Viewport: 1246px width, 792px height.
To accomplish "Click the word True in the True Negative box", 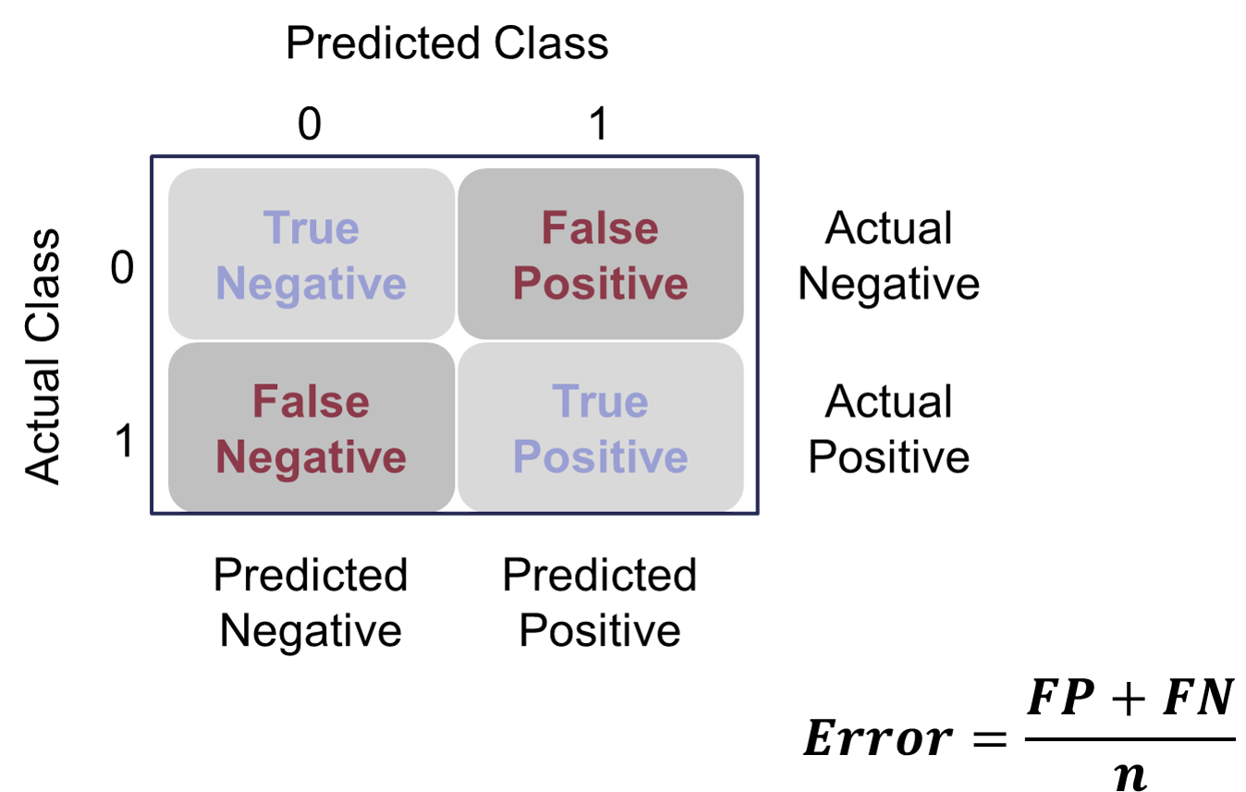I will pyautogui.click(x=311, y=228).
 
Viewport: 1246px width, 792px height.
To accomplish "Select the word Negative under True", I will pyautogui.click(x=311, y=284).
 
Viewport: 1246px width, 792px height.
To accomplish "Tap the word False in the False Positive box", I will pyautogui.click(x=600, y=228).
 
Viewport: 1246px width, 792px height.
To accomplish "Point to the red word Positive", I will pyautogui.click(x=600, y=284).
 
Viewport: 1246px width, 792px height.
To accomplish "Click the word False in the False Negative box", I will pyautogui.click(x=311, y=402).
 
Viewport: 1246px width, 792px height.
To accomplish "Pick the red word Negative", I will pyautogui.click(x=311, y=457).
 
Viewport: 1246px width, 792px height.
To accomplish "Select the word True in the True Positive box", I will pyautogui.click(x=600, y=402).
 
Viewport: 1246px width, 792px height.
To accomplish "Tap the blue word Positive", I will pyautogui.click(x=600, y=457).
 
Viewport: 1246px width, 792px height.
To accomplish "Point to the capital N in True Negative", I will pyautogui.click(x=230, y=283).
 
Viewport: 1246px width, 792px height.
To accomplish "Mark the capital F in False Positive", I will pyautogui.click(x=553, y=228).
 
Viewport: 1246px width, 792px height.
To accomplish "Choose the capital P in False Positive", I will pyautogui.click(x=527, y=283).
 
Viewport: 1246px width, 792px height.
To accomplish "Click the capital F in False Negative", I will pyautogui.click(x=263, y=402).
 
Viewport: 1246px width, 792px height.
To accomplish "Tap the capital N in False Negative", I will pyautogui.click(x=230, y=457).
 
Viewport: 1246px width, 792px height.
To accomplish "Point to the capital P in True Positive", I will pyautogui.click(x=527, y=457).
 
